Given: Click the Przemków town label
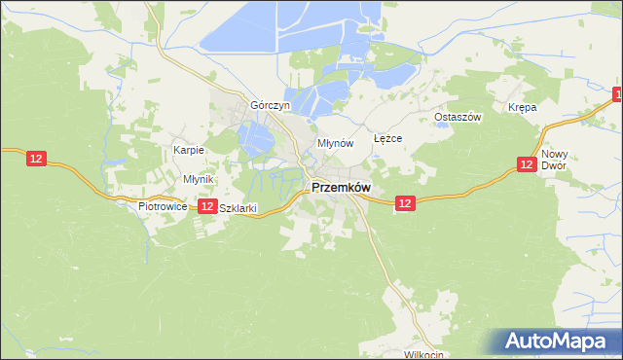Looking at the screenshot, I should [x=341, y=189].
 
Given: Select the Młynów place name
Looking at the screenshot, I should [x=334, y=143].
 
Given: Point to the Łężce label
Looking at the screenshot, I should [x=387, y=139].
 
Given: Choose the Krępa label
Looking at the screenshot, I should [x=522, y=107].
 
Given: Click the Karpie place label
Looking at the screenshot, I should [x=188, y=150].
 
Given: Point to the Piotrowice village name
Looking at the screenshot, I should [x=162, y=207].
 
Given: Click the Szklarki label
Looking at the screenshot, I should [x=238, y=208].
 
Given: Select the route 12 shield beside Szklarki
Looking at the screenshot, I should [x=207, y=206].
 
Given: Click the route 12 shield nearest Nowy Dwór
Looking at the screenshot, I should [x=526, y=165].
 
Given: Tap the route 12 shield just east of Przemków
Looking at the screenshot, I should [x=406, y=203].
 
